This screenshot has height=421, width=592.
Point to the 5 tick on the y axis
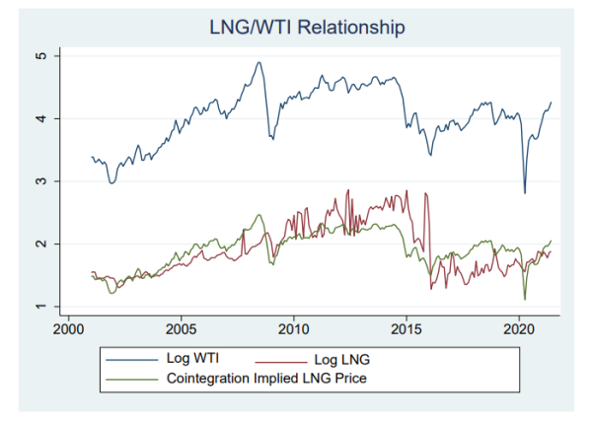click(x=44, y=56)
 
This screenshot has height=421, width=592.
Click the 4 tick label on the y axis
click(x=44, y=118)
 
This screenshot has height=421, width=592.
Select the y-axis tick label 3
click(x=44, y=181)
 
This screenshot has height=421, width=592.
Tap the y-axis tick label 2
click(x=44, y=244)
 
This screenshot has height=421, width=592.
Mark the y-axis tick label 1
click(x=44, y=307)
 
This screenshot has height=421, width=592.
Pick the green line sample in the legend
click(x=133, y=376)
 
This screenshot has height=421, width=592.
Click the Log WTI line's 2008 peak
click(x=259, y=63)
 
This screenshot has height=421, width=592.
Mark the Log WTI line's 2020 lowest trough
click(x=525, y=193)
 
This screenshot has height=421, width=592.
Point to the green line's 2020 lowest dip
click(x=525, y=299)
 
